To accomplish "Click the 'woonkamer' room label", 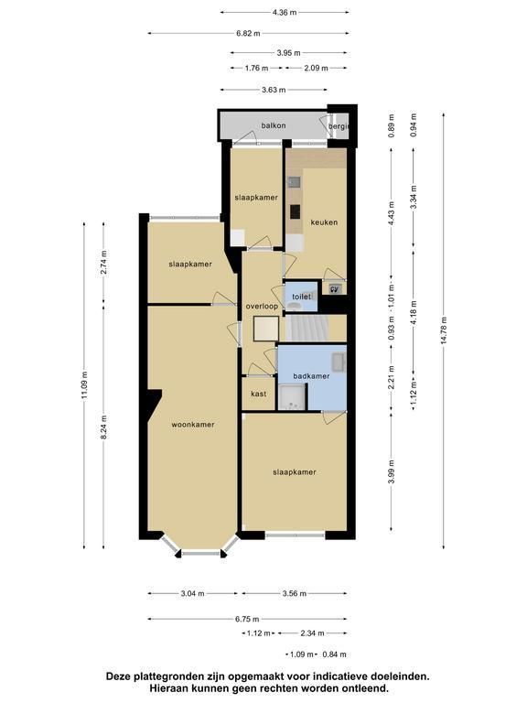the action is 193,424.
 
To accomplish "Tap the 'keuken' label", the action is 324,222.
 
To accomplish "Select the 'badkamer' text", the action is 311,375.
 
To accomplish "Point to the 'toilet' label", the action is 301,297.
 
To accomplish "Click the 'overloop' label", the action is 262,307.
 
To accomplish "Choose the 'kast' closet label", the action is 259,394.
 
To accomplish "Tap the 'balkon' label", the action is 274,125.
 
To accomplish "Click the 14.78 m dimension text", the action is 444,330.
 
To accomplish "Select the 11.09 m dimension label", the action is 84,385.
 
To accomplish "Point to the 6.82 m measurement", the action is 248,33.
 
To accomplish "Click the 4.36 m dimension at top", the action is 285,13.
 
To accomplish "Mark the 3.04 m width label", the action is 193,593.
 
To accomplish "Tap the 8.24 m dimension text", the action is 104,427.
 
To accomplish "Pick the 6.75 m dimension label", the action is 247,619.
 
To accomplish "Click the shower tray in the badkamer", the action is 291,397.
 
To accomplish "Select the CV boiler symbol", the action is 335,289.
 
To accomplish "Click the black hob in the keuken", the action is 295,211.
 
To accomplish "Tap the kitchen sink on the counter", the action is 294,181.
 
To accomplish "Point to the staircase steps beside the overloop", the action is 307,329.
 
